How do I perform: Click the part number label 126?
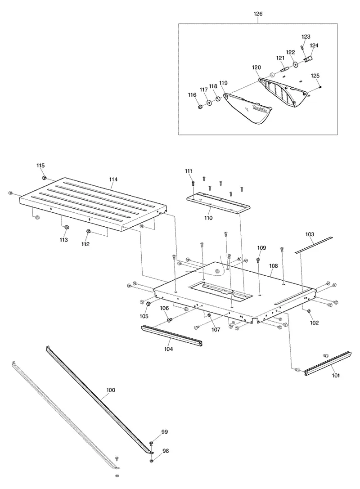(x=258, y=14)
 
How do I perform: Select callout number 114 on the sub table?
(x=113, y=179)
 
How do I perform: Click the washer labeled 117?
(x=208, y=103)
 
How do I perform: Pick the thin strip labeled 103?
(x=314, y=245)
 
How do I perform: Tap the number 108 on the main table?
(x=273, y=266)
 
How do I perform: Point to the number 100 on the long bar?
(x=111, y=390)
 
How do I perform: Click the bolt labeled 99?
(x=151, y=444)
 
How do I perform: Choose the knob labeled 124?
(x=308, y=59)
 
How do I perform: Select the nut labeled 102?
(x=309, y=311)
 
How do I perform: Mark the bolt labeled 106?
(x=170, y=319)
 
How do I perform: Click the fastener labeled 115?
(x=44, y=178)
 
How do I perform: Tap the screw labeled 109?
(x=258, y=260)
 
